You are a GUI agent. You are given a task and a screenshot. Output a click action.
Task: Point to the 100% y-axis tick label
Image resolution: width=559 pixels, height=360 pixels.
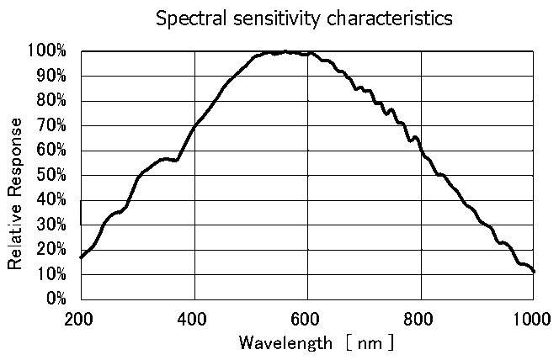[50, 51]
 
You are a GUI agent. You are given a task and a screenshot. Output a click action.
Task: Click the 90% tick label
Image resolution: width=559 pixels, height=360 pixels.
[53, 77]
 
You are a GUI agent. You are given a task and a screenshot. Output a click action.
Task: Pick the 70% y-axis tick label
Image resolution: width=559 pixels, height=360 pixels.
[53, 126]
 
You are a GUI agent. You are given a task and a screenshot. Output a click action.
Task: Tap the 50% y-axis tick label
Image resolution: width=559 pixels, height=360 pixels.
[53, 175]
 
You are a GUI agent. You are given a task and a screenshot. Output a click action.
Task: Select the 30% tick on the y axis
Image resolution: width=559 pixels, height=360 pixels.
[53, 225]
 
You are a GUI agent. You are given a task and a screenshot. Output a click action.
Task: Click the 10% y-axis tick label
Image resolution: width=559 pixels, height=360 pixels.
[53, 274]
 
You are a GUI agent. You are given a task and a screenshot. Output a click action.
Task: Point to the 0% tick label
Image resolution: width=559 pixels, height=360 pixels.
[56, 299]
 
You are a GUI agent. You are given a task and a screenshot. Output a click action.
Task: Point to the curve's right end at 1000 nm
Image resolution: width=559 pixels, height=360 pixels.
[534, 272]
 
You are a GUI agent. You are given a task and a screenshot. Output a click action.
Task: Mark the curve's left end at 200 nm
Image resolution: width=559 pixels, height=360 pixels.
[81, 257]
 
